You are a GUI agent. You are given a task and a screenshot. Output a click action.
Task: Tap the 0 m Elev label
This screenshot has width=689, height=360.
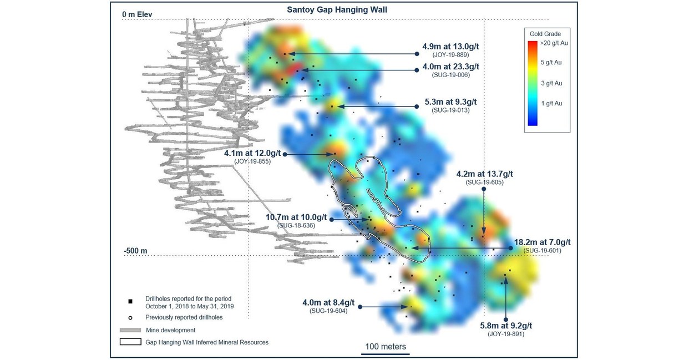pyautogui.click(x=137, y=14)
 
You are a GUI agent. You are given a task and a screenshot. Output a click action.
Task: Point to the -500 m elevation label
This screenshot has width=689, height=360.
pyautogui.click(x=136, y=251)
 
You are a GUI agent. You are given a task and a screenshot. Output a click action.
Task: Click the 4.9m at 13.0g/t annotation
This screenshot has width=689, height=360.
pyautogui.click(x=450, y=47)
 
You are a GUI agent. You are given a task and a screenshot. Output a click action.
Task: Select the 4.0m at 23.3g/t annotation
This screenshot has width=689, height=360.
pyautogui.click(x=450, y=67)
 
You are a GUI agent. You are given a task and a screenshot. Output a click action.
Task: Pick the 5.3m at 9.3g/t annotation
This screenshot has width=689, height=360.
pyautogui.click(x=450, y=102)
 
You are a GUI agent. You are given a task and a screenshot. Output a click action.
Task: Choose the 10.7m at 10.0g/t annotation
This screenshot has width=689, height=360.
pyautogui.click(x=296, y=217)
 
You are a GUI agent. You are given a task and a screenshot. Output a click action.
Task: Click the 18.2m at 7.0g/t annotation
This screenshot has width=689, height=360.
pyautogui.click(x=542, y=242)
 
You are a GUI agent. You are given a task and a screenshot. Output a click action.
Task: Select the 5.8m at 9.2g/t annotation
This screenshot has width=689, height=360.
pyautogui.click(x=506, y=326)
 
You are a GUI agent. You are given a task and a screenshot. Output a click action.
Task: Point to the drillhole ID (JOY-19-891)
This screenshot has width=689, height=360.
pyautogui.click(x=506, y=334)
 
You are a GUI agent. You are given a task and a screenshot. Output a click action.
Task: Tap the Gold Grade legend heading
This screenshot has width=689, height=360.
pyautogui.click(x=545, y=34)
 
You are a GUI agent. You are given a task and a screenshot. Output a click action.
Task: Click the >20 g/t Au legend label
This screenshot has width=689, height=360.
pyautogui.click(x=554, y=43)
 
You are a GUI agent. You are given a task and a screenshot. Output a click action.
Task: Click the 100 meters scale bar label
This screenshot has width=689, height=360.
pyautogui.click(x=386, y=347)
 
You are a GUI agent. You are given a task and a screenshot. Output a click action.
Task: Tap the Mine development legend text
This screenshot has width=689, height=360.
pyautogui.click(x=170, y=330)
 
